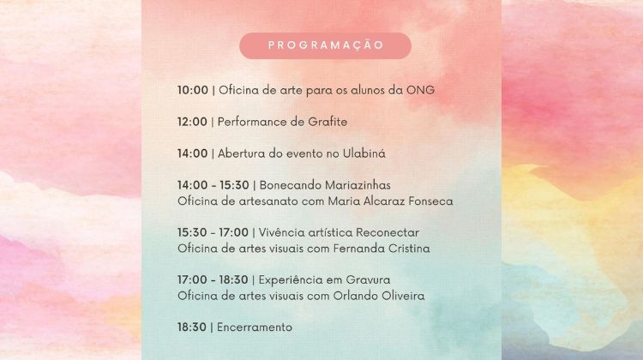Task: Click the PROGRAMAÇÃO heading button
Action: [325, 45]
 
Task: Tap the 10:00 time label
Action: [193, 90]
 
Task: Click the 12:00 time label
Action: [192, 122]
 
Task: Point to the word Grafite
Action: [328, 122]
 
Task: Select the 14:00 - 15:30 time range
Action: [213, 185]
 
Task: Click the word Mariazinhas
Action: [358, 185]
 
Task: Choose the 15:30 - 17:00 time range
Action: [213, 232]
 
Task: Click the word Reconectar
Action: [388, 232]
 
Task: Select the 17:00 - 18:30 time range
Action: [213, 280]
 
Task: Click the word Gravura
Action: [368, 280]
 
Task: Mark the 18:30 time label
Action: [192, 327]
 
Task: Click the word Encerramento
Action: [255, 327]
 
